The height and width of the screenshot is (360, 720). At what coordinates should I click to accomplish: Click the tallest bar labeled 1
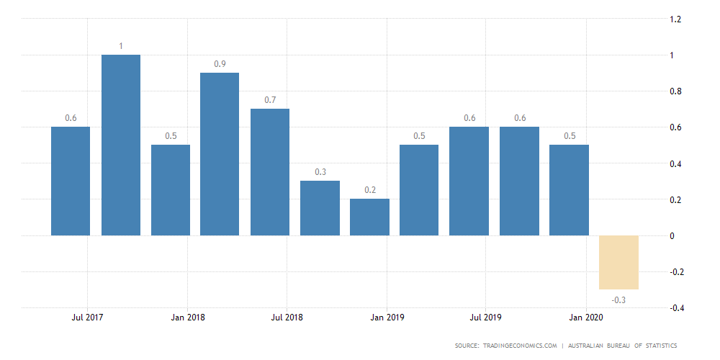click(120, 145)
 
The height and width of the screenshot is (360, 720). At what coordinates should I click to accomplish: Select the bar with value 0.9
click(220, 154)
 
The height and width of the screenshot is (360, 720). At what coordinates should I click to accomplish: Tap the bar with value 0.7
click(270, 172)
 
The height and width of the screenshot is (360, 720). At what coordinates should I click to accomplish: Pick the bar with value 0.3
click(320, 208)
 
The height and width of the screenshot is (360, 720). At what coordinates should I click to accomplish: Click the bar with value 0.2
click(369, 217)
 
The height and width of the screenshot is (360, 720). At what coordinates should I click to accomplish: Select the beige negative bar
click(619, 262)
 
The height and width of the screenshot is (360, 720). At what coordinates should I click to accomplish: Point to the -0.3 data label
click(619, 300)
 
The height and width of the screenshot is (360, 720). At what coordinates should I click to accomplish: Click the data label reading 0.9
click(220, 64)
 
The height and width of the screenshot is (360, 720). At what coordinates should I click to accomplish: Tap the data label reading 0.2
click(369, 190)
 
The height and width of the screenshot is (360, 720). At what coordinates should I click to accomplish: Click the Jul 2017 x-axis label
click(87, 317)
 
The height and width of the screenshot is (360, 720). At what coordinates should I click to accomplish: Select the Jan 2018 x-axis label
click(186, 317)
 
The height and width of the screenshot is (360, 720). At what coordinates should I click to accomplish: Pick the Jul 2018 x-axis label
click(287, 317)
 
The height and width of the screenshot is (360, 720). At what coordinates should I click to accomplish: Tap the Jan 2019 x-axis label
click(387, 317)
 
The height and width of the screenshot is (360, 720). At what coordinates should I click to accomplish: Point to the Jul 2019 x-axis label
click(486, 317)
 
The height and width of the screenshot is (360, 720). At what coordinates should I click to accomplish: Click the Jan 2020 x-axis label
click(586, 317)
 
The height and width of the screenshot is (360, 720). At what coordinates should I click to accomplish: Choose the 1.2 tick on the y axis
click(675, 19)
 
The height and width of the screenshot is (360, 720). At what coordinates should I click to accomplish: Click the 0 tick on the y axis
click(672, 236)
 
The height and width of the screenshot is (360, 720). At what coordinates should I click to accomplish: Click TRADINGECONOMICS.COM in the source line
click(518, 346)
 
